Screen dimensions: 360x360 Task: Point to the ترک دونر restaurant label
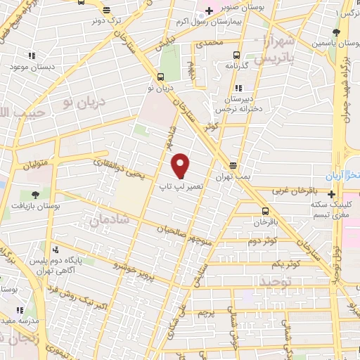(105, 21)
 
